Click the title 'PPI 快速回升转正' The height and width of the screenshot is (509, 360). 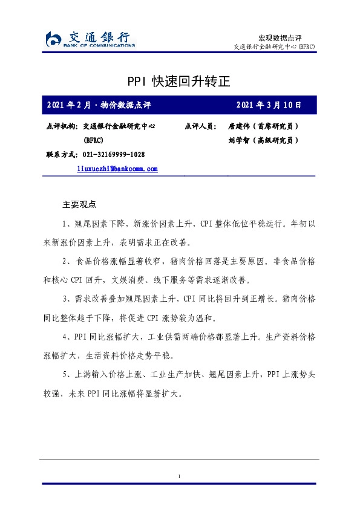coord(179,80)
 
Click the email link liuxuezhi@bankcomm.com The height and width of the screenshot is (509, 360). coord(117,169)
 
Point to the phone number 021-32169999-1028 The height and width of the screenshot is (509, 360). coord(113,155)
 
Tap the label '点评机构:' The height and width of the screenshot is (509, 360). coord(61,127)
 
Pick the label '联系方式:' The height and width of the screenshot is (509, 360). coord(61,155)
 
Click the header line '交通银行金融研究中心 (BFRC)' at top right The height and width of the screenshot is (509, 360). coord(273,47)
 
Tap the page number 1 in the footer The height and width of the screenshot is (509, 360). coord(180,478)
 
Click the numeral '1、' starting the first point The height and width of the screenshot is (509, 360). coord(68,224)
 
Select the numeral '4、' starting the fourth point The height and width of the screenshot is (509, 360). coord(68,336)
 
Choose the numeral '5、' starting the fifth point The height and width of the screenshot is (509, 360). coord(68,374)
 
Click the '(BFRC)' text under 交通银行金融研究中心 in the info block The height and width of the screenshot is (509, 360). coord(93,140)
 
